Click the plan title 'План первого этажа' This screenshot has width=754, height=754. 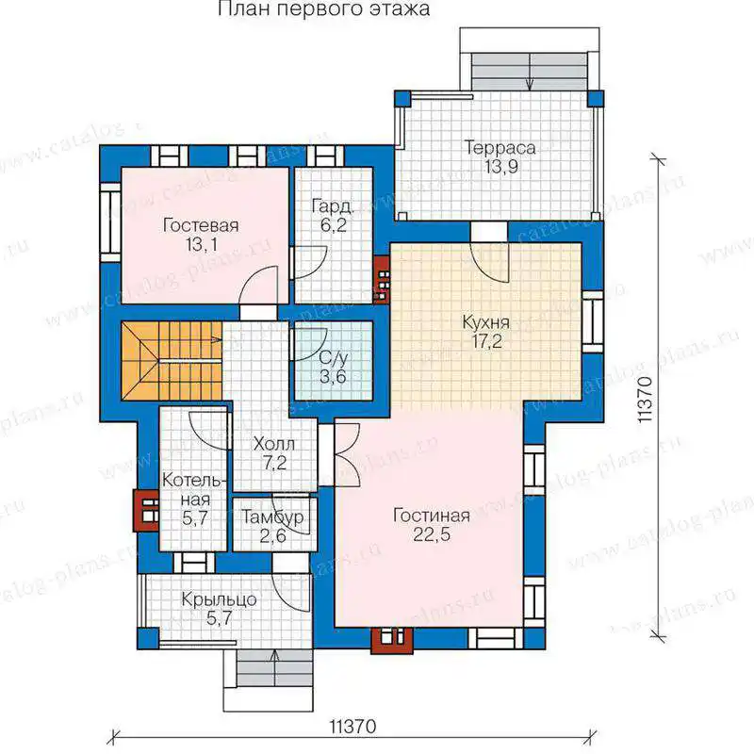pos(323,9)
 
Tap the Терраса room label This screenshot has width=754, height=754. pos(500,147)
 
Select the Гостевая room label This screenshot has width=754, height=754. pos(201,225)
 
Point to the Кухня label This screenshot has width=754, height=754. pos(485,322)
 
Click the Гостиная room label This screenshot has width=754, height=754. pos(432,516)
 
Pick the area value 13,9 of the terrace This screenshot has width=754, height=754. pos(501,167)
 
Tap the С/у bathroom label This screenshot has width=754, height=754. pos(334,357)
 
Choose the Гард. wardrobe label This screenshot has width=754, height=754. pos(333,205)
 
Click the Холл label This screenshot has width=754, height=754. pos(274,443)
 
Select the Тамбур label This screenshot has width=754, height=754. pos(272,516)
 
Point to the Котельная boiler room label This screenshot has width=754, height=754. pos(194,489)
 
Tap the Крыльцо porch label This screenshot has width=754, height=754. pos(219,599)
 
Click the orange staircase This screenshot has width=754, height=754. pos(172,360)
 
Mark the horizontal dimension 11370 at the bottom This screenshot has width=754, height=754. pos(352,726)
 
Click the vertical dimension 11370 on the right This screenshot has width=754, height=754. pos(645,399)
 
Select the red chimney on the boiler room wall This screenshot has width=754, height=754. pos(146,510)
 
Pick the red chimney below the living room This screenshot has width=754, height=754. pos(392,640)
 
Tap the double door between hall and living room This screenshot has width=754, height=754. pos(346,453)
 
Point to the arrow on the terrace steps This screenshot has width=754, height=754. pos(530,72)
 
